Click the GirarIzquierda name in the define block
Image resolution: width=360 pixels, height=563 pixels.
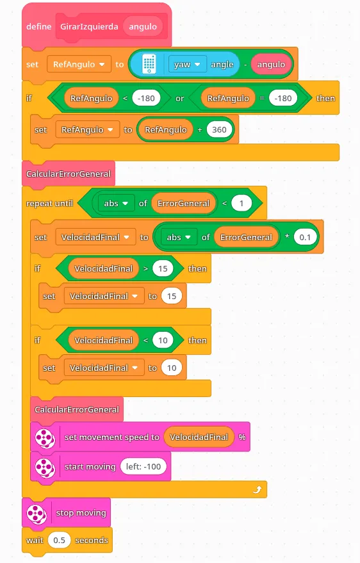[x=89, y=26]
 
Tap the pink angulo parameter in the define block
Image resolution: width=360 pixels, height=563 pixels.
[x=143, y=26]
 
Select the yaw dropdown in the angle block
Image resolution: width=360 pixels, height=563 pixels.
[x=187, y=64]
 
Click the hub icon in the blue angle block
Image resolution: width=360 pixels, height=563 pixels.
[x=149, y=64]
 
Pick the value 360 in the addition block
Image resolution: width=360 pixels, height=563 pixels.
[x=219, y=129]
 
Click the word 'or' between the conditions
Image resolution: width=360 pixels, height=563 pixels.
[x=180, y=99]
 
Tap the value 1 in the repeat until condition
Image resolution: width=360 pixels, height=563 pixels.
[x=241, y=203]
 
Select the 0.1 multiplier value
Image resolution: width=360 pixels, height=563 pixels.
[x=305, y=238]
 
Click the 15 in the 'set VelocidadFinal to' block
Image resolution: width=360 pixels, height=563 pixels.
[x=172, y=296]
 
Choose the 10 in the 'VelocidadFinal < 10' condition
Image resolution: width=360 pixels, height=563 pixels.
[x=163, y=340]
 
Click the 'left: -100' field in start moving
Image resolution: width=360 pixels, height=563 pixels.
[x=143, y=466]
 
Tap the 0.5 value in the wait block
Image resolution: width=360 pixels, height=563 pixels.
[x=59, y=540]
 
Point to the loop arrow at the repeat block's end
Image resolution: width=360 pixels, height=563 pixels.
[x=257, y=489]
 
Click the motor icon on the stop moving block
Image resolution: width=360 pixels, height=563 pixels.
[x=37, y=513]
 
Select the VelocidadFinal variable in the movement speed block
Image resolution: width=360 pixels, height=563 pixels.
[x=199, y=437]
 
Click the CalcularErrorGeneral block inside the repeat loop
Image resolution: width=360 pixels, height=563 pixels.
[x=77, y=410]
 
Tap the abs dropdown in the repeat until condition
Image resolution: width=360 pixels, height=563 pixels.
[x=115, y=203]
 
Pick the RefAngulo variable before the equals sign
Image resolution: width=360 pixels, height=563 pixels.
[x=228, y=99]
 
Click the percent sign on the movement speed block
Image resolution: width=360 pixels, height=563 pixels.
[x=242, y=437]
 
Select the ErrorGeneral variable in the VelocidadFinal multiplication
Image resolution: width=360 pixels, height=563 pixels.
[x=246, y=238]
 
